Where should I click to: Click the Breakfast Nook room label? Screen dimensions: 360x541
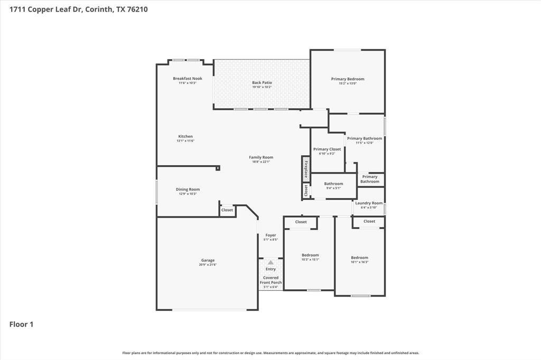pos(188,79)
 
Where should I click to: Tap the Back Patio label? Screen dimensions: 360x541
pos(262,83)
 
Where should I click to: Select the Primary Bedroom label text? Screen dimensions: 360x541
pos(348,79)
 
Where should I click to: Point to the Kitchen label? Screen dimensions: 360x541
pos(185,137)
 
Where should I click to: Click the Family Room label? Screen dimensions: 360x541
pos(261,157)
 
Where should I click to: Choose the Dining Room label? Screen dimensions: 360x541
pos(188,190)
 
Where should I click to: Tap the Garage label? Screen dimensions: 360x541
pos(208,260)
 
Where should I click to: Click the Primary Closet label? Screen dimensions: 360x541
pos(327,149)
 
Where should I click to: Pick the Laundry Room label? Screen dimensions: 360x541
pos(369,203)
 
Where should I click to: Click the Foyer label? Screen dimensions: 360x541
pos(270,235)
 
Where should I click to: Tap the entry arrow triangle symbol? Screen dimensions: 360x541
pos(270,262)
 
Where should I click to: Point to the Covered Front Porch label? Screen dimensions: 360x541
pos(270,280)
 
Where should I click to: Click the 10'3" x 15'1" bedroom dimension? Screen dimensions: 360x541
pos(310,259)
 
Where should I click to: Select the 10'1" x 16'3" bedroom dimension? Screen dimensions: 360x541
pos(359,262)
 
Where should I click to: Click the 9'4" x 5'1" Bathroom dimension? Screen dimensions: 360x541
pos(333,188)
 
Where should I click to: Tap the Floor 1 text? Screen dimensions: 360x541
pos(21,325)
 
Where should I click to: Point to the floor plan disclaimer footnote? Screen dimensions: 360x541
pos(270,353)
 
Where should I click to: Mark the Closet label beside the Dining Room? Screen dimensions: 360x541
pos(227,210)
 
